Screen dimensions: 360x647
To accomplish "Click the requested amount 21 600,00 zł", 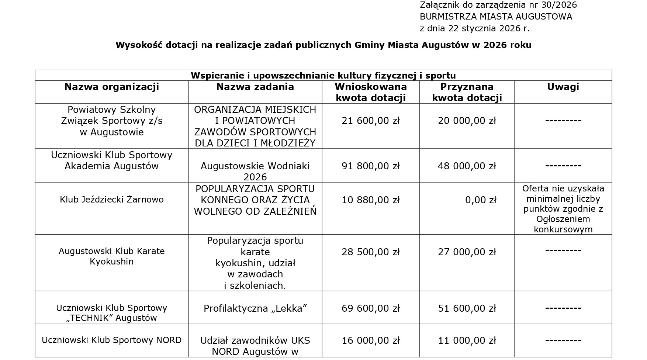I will point(370,121).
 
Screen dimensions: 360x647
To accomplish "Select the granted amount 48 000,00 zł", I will point(467,166).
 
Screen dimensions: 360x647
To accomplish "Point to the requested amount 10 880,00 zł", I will point(370,200).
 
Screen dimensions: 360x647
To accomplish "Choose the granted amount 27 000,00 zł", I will point(467,252).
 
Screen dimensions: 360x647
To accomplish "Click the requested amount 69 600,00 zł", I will point(370,308).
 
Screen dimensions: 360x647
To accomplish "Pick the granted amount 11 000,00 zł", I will point(467,340).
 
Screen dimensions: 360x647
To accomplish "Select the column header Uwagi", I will point(563,87).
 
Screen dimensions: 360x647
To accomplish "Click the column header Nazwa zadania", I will point(255,87).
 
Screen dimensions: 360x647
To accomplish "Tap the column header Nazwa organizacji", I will point(111,87).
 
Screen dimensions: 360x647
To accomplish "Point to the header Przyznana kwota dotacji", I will point(467,92).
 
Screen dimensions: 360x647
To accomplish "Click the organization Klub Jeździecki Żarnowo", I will point(111,200).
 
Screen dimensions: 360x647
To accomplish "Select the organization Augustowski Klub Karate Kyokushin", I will point(111,256).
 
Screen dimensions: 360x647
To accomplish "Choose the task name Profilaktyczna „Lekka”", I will point(255,308).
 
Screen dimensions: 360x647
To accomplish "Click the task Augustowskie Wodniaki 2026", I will point(255,171).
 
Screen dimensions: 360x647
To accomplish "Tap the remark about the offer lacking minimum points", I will point(563,209).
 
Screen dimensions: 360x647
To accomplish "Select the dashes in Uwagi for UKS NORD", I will point(563,340).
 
